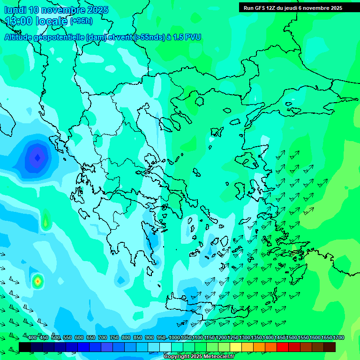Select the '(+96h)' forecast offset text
click(x=81, y=21)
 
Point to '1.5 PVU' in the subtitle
click(x=187, y=37)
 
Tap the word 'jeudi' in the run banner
click(x=295, y=8)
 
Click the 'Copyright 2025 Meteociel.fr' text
click(x=199, y=357)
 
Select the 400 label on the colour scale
click(x=32, y=337)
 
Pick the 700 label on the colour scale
click(x=103, y=337)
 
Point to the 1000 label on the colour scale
click(x=174, y=337)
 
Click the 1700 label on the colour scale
click(x=338, y=337)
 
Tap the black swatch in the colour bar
click(x=25, y=347)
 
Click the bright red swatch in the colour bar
click(x=283, y=347)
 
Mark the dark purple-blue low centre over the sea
click(x=37, y=157)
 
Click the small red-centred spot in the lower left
click(x=37, y=281)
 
